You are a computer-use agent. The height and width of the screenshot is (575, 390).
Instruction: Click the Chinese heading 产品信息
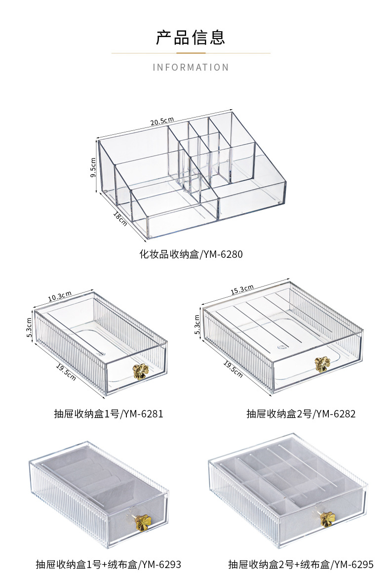point(191,38)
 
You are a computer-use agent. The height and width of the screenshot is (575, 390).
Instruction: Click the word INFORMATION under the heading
point(191,67)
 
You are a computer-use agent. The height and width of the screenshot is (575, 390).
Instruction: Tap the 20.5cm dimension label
point(162,120)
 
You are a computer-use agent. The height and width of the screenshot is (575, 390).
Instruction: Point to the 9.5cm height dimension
point(93,168)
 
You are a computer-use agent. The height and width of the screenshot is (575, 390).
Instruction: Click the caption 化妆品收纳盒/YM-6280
point(191,255)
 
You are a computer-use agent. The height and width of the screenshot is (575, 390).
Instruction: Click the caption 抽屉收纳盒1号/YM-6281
point(109,413)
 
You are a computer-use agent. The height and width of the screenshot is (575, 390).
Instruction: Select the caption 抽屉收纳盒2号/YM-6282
point(301,413)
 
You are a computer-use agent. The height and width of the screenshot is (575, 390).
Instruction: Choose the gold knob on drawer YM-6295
point(327,519)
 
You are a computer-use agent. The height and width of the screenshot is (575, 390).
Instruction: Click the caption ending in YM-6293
point(109,564)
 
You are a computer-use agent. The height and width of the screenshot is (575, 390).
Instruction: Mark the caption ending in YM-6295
point(301,564)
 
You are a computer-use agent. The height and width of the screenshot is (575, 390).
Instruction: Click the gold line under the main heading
point(191,53)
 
